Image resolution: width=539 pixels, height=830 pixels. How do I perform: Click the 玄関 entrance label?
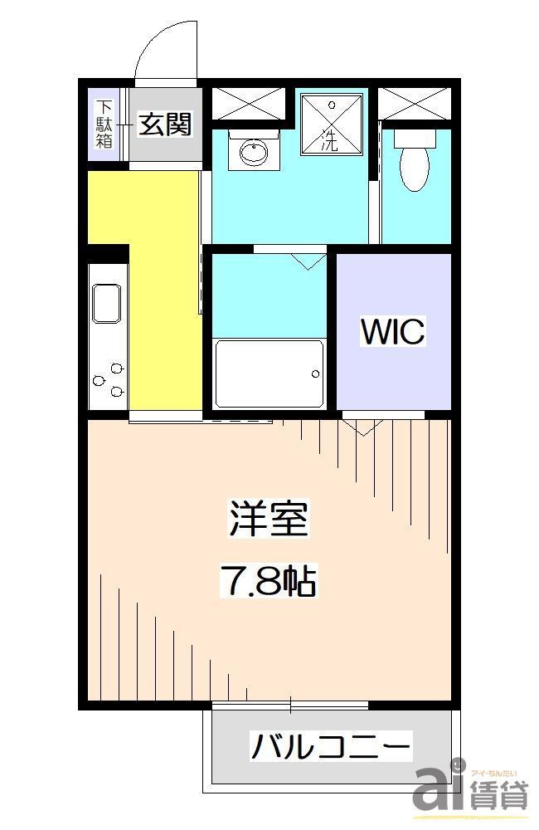(165, 124)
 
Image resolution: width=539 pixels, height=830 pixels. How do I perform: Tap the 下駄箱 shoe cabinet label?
(104, 124)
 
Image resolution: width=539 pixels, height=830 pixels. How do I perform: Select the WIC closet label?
(392, 331)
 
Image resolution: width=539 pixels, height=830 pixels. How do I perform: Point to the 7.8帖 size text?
(267, 580)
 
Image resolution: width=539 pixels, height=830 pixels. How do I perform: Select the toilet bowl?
(411, 168)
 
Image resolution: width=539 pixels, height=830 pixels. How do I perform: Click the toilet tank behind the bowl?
(411, 136)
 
